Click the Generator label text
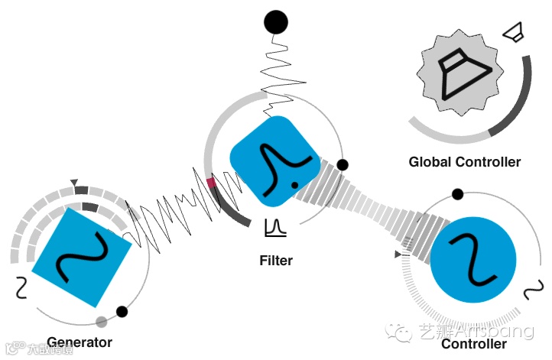tap(79, 342)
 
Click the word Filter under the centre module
tap(276, 261)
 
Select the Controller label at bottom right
tap(473, 344)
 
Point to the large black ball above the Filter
tap(275, 21)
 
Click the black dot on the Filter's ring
tap(343, 164)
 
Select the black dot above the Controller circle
tap(457, 194)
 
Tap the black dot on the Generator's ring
tap(122, 311)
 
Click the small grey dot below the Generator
tap(101, 321)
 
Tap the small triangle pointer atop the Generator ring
tap(74, 183)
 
